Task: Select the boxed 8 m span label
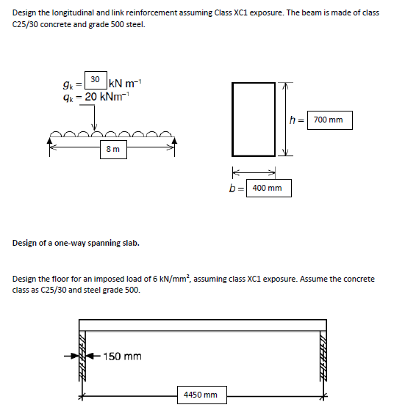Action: click(x=114, y=150)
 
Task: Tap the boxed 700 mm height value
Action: click(x=330, y=120)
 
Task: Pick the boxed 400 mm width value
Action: click(x=268, y=189)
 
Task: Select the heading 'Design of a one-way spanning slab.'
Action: click(x=76, y=243)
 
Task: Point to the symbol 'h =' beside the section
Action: click(x=298, y=120)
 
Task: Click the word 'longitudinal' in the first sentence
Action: click(x=74, y=14)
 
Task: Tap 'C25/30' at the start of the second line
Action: click(x=26, y=24)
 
